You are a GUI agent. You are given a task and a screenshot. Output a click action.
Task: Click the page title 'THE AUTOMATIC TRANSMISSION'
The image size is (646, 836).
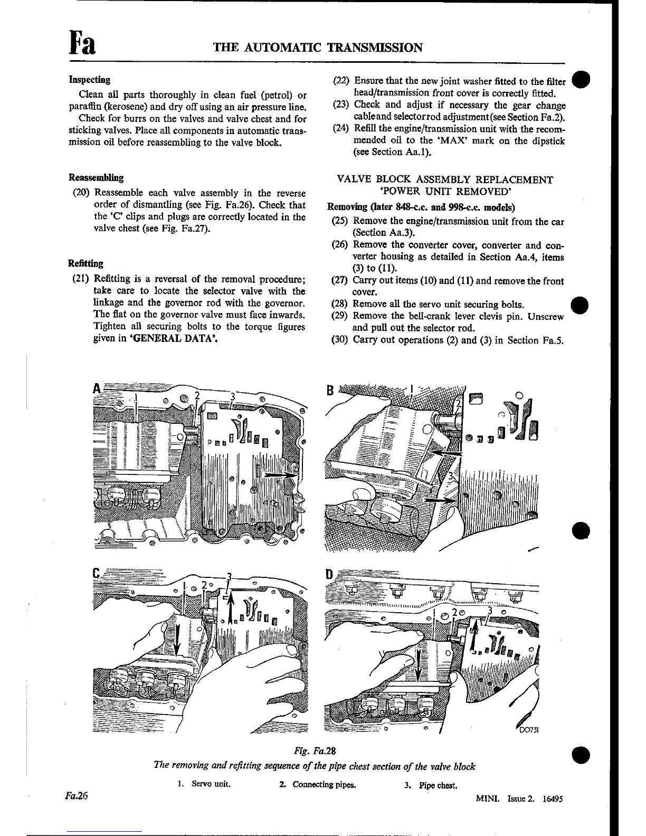click(318, 48)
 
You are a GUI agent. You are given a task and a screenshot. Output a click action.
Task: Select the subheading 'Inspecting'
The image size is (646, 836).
click(90, 80)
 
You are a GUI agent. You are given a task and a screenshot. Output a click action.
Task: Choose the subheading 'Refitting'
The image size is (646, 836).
click(85, 263)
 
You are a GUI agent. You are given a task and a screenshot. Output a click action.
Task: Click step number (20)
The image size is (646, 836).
click(81, 193)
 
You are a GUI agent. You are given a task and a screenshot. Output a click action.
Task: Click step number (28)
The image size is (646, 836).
click(340, 305)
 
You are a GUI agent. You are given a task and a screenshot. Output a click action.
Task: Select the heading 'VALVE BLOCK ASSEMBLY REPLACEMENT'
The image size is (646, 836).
click(445, 180)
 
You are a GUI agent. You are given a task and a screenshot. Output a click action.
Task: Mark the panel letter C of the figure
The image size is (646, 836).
click(96, 573)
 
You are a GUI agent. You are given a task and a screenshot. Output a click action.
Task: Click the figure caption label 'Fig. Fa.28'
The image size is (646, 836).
click(315, 750)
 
